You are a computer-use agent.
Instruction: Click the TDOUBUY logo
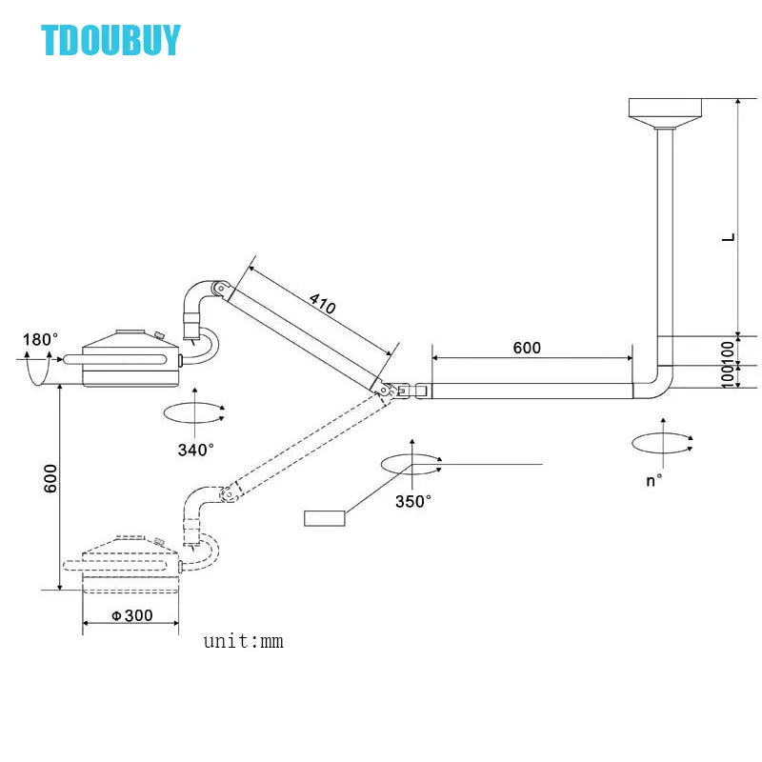(x=110, y=40)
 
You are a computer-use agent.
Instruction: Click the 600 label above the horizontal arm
(x=527, y=348)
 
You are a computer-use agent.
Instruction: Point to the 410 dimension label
(x=322, y=304)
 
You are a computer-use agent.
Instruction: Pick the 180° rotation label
(x=40, y=339)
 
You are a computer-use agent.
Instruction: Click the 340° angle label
(x=195, y=450)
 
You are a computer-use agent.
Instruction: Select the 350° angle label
(x=413, y=501)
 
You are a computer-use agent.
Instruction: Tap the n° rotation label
(x=653, y=481)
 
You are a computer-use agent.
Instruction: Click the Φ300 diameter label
(x=131, y=615)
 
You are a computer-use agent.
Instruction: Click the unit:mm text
(x=243, y=641)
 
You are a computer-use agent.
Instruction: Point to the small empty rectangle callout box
(x=324, y=518)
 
